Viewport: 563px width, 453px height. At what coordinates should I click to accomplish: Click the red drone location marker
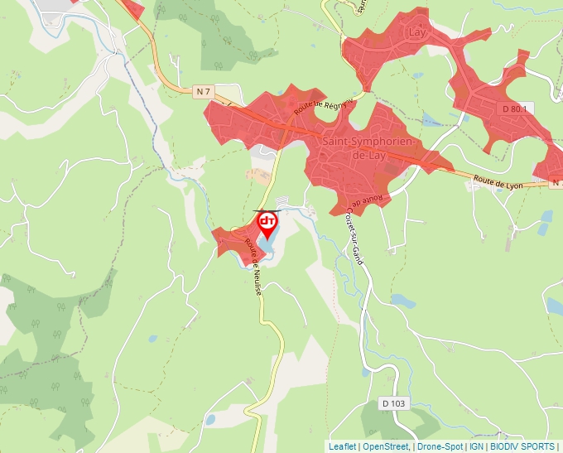click(x=267, y=224)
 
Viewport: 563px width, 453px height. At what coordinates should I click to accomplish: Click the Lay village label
click(x=417, y=32)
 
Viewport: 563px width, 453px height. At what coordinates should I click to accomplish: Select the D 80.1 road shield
click(x=513, y=108)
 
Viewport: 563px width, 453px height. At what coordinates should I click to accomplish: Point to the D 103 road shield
click(x=394, y=403)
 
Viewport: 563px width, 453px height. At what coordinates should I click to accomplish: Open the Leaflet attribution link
click(x=342, y=446)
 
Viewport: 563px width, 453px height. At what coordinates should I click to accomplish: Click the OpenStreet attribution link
click(x=385, y=446)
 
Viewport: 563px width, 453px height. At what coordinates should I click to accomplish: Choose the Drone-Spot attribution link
click(x=440, y=446)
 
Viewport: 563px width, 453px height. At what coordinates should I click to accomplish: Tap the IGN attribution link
click(x=476, y=446)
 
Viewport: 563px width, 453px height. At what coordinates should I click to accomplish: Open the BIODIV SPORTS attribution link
click(x=522, y=446)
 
